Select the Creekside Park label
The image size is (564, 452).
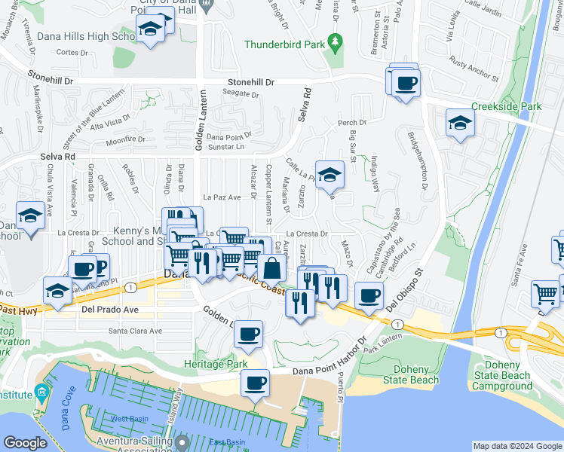pyautogui.click(x=506, y=107)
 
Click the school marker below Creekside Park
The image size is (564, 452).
pyautogui.click(x=459, y=124)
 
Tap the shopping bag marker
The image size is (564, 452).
pyautogui.click(x=271, y=267)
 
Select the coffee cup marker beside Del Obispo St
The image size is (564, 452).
pyautogui.click(x=368, y=295)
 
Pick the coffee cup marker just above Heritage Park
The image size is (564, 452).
pyautogui.click(x=248, y=334)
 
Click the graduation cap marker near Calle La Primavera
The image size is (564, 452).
pyautogui.click(x=329, y=176)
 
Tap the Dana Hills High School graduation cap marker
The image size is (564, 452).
pyautogui.click(x=150, y=29)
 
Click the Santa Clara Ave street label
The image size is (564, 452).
pyautogui.click(x=135, y=330)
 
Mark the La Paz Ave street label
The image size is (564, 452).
pyautogui.click(x=223, y=197)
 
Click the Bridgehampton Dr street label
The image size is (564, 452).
pyautogui.click(x=417, y=160)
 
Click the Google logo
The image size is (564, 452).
pyautogui.click(x=25, y=443)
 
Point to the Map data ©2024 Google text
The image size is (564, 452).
pyautogui.click(x=516, y=446)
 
